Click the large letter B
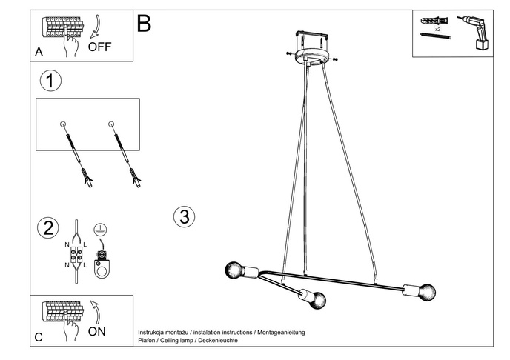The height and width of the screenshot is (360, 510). coord(144,24)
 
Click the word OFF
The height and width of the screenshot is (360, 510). coord(99,46)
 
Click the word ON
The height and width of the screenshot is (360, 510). coord(97,331)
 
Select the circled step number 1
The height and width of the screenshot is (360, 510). coord(50,81)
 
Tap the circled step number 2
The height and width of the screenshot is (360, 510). coord(49,227)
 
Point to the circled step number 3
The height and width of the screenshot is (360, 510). coord(184,217)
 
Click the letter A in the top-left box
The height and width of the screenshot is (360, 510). coord(39,52)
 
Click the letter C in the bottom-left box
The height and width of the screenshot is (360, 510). coord(39,337)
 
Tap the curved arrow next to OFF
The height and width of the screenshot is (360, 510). coord(94,28)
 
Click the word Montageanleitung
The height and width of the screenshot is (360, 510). coord(281,333)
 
